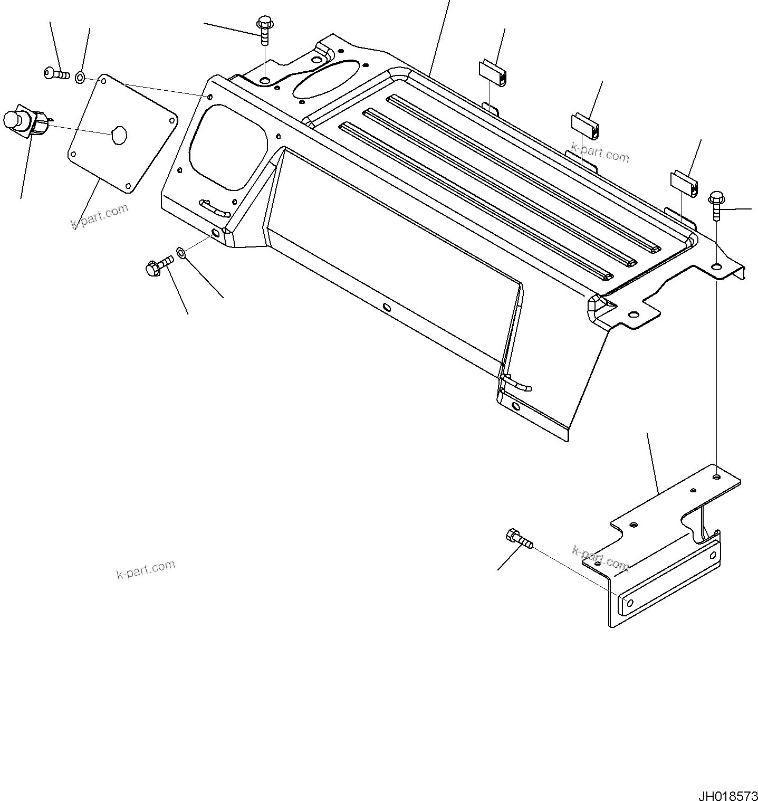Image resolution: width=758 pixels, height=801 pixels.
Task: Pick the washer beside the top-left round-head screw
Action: pos(80,78)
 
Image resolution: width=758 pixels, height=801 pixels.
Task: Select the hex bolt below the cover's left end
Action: pos(158,265)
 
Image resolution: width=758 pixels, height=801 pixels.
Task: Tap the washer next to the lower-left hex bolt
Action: pos(181,253)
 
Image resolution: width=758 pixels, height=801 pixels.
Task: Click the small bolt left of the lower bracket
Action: pos(519,540)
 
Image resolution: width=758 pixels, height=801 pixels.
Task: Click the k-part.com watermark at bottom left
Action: pos(146,570)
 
